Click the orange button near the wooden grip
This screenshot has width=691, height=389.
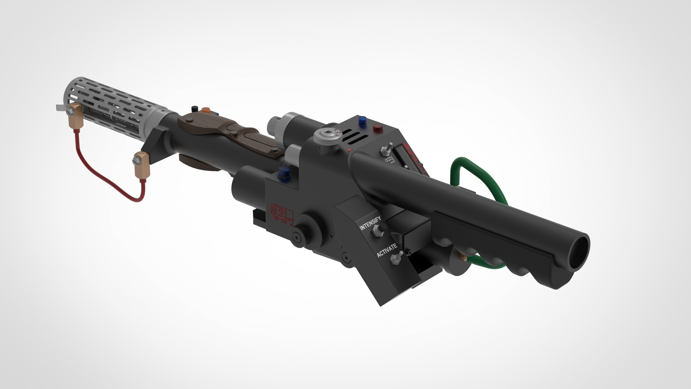coord(206,110)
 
